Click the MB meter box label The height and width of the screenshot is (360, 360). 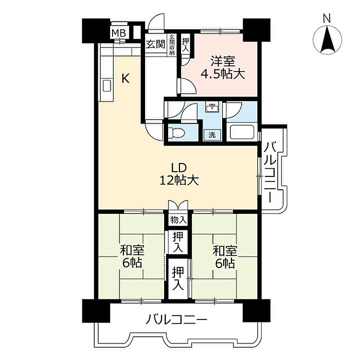pos(119,33)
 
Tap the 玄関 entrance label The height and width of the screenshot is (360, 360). pos(156,44)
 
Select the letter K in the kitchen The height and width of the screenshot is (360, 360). pos(125,78)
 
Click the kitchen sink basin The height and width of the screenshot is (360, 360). pos(107,86)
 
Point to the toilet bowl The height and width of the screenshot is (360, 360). pos(176,133)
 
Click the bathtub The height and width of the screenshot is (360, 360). pos(242,132)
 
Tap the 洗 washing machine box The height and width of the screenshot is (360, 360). pos(212,135)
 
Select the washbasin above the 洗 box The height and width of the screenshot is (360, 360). pos(212,107)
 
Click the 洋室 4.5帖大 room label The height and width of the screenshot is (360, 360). pos(223,68)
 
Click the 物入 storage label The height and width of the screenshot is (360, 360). pos(178,221)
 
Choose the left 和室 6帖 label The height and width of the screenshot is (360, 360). pos(132,257)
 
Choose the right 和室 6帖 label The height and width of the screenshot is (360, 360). pos(225,257)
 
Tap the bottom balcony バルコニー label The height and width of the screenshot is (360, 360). pos(176,319)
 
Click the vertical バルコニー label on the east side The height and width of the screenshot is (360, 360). pos(270,172)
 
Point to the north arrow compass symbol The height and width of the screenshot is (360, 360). pos(328,40)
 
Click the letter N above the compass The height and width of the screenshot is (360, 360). pos(327,19)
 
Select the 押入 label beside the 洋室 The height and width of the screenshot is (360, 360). pos(186,45)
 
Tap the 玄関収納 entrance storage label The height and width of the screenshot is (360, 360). pos(171,45)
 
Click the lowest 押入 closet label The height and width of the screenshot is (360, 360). pos(178,278)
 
